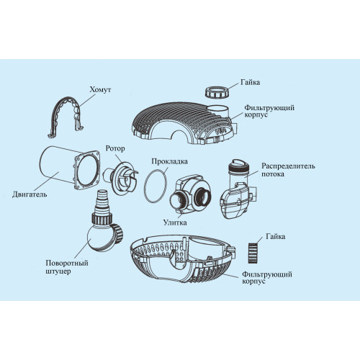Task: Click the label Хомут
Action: pyautogui.click(x=100, y=90)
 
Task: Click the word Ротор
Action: pyautogui.click(x=115, y=148)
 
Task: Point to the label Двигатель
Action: pyautogui.click(x=30, y=194)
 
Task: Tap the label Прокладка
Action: pyautogui.click(x=169, y=161)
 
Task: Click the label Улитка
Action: pyautogui.click(x=175, y=222)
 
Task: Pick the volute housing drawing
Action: pyautogui.click(x=190, y=194)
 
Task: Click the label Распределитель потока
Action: pyautogui.click(x=288, y=170)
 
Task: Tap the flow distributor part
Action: pyautogui.click(x=238, y=189)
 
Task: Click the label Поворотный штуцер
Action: pyautogui.click(x=67, y=267)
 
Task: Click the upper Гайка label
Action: pyautogui.click(x=250, y=82)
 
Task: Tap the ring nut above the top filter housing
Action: pyautogui.click(x=217, y=92)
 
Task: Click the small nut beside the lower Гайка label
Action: pyautogui.click(x=253, y=253)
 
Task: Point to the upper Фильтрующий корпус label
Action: pyautogui.click(x=269, y=111)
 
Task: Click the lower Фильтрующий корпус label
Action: pyautogui.click(x=267, y=277)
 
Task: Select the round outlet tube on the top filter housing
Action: pyautogui.click(x=219, y=111)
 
